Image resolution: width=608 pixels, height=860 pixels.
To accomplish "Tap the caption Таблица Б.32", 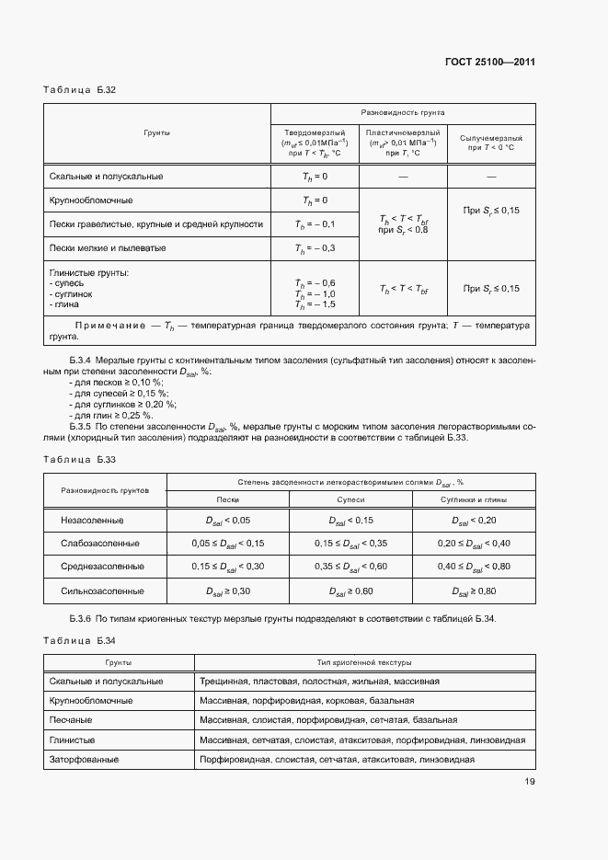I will pos(79,90).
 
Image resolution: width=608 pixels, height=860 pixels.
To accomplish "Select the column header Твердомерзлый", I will pos(314,132).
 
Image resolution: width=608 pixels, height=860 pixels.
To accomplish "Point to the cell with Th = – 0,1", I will pos(314,224).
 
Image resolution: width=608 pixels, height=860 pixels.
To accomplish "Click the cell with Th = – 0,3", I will pos(314,248).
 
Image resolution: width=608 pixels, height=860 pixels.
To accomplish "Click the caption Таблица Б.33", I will pos(79,459).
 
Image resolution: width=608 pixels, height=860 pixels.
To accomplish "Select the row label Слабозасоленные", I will pos(100,544).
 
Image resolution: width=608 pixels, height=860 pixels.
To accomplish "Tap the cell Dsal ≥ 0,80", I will pos(473,591).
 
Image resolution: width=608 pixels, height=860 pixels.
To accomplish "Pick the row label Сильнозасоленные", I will pos(100,591).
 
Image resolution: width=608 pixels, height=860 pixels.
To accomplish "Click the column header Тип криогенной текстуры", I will pos(363,662).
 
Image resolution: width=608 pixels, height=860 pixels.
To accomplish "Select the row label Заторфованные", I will pos(90,760).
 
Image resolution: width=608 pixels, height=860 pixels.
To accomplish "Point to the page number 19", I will pos(530,783).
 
